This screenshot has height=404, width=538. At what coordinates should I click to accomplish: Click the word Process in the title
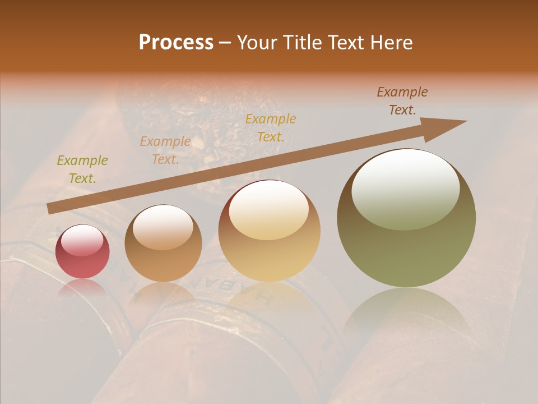point(176,43)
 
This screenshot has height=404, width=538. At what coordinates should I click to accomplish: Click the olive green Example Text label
point(82,169)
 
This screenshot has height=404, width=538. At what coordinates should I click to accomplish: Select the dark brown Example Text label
point(402,101)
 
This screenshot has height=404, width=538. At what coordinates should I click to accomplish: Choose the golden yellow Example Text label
point(271,127)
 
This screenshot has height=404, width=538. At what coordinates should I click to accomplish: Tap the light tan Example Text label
point(165,150)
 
